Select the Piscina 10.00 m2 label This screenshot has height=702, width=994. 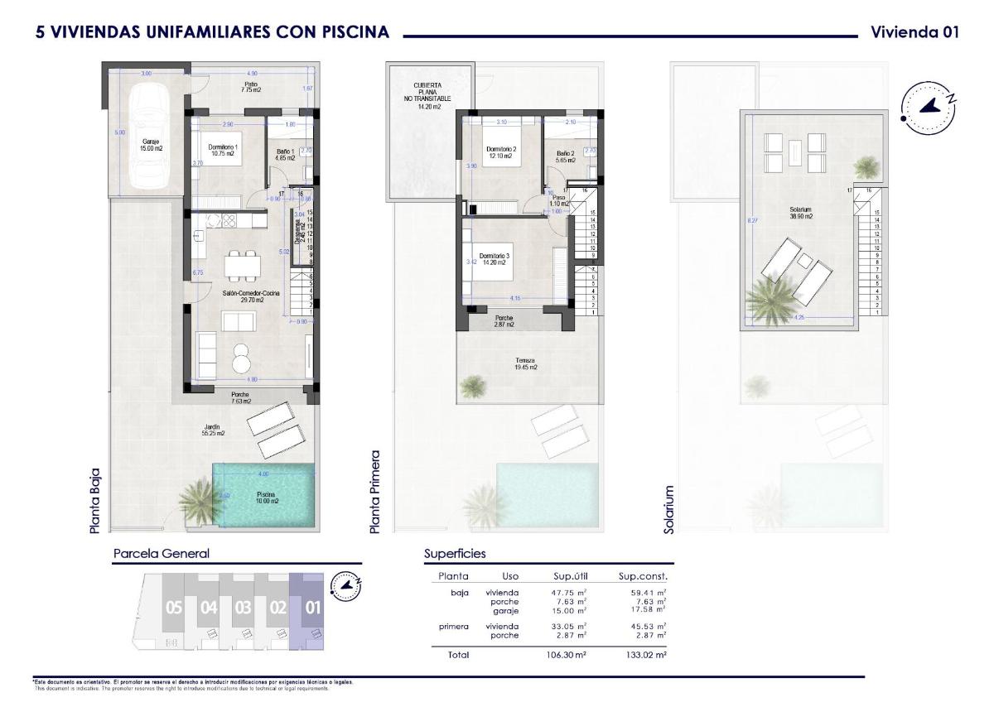(266, 498)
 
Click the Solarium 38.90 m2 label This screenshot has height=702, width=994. (800, 213)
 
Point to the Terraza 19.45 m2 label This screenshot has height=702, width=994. (524, 363)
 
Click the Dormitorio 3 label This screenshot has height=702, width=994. (495, 259)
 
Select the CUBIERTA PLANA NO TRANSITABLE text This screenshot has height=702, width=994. (428, 95)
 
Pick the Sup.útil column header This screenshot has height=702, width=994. (571, 576)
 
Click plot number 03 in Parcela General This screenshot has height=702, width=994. (243, 608)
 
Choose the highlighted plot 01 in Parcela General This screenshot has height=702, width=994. (313, 608)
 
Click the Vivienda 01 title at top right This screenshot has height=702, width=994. (914, 32)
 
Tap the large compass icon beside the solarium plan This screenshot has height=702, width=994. (928, 108)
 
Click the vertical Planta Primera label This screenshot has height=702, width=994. (375, 492)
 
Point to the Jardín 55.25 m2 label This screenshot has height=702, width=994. (213, 430)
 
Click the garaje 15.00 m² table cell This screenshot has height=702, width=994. (571, 610)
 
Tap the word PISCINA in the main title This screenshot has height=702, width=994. (352, 32)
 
